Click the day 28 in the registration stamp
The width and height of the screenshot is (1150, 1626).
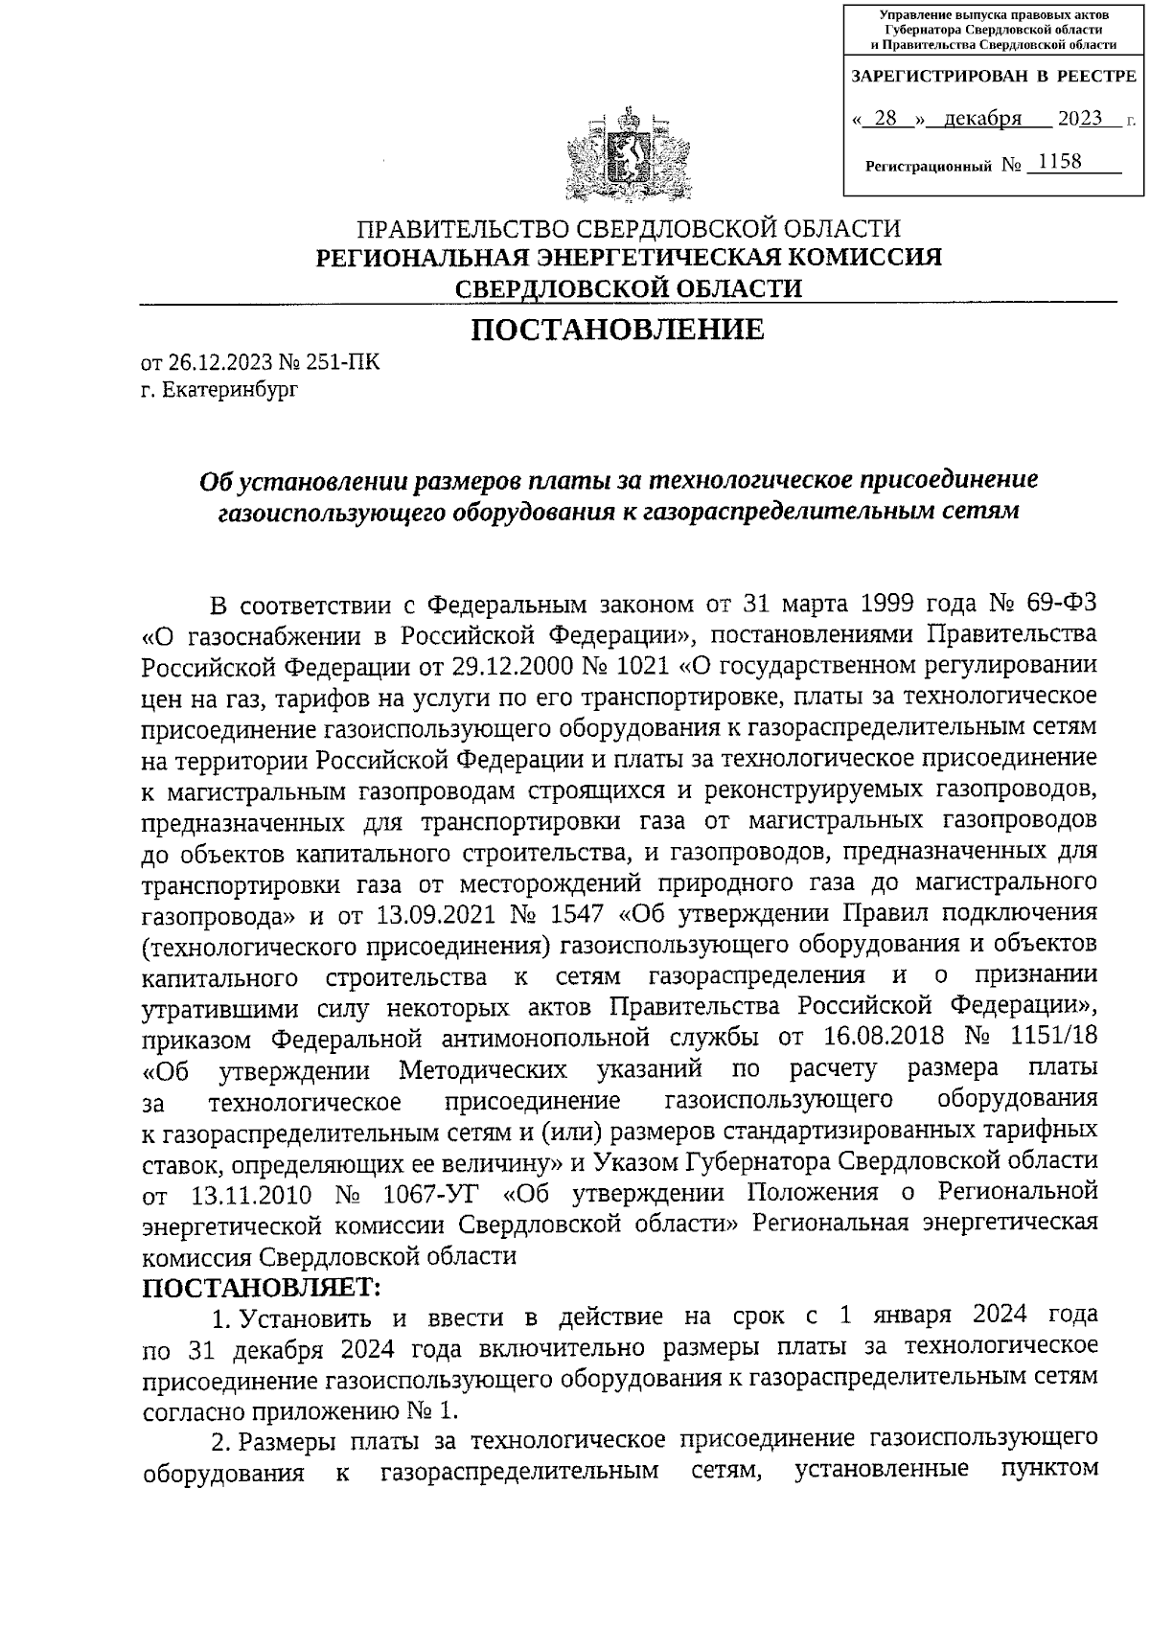(885, 119)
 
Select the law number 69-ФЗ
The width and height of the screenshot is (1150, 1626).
(1047, 606)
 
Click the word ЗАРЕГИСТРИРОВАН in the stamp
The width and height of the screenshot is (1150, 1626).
(927, 76)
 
